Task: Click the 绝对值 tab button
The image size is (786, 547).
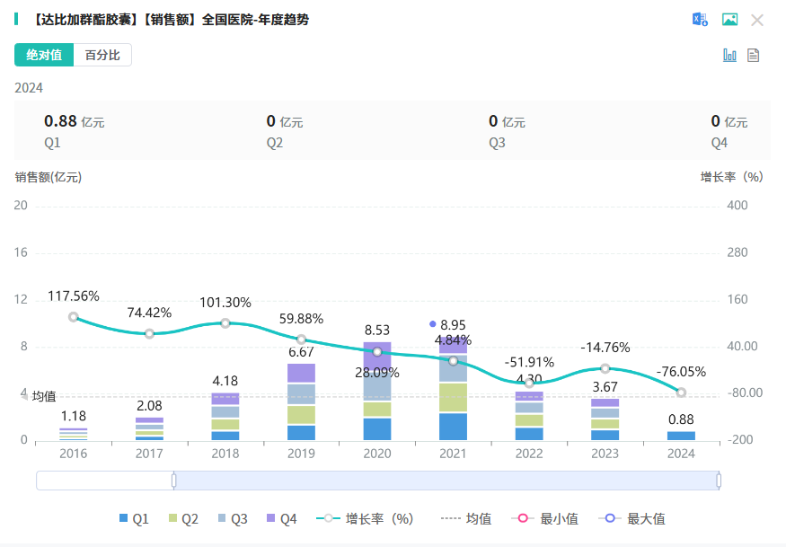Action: [x=44, y=55]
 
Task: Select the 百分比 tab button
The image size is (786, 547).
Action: [x=102, y=55]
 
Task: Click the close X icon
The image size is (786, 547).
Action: [x=757, y=20]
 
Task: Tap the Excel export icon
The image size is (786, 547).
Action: [x=700, y=20]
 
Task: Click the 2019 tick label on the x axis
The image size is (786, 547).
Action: [x=301, y=454]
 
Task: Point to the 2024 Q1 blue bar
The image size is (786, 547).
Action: [x=681, y=436]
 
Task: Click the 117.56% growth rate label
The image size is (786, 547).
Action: [x=74, y=296]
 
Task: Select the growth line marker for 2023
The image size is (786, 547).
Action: [x=605, y=368]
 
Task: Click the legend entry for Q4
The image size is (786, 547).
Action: [x=282, y=518]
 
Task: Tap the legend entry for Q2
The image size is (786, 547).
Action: [x=183, y=518]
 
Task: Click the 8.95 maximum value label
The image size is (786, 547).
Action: [x=453, y=324]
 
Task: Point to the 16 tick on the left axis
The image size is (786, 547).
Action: [x=21, y=252]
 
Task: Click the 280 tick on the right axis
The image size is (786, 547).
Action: [x=737, y=252]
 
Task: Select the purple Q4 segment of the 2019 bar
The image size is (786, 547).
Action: [x=301, y=373]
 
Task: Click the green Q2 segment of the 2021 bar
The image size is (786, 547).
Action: [x=453, y=397]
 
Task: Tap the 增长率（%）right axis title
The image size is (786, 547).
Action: [x=731, y=177]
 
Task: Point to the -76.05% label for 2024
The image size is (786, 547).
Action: [x=681, y=372]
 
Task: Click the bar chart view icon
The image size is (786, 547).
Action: [x=729, y=56]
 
